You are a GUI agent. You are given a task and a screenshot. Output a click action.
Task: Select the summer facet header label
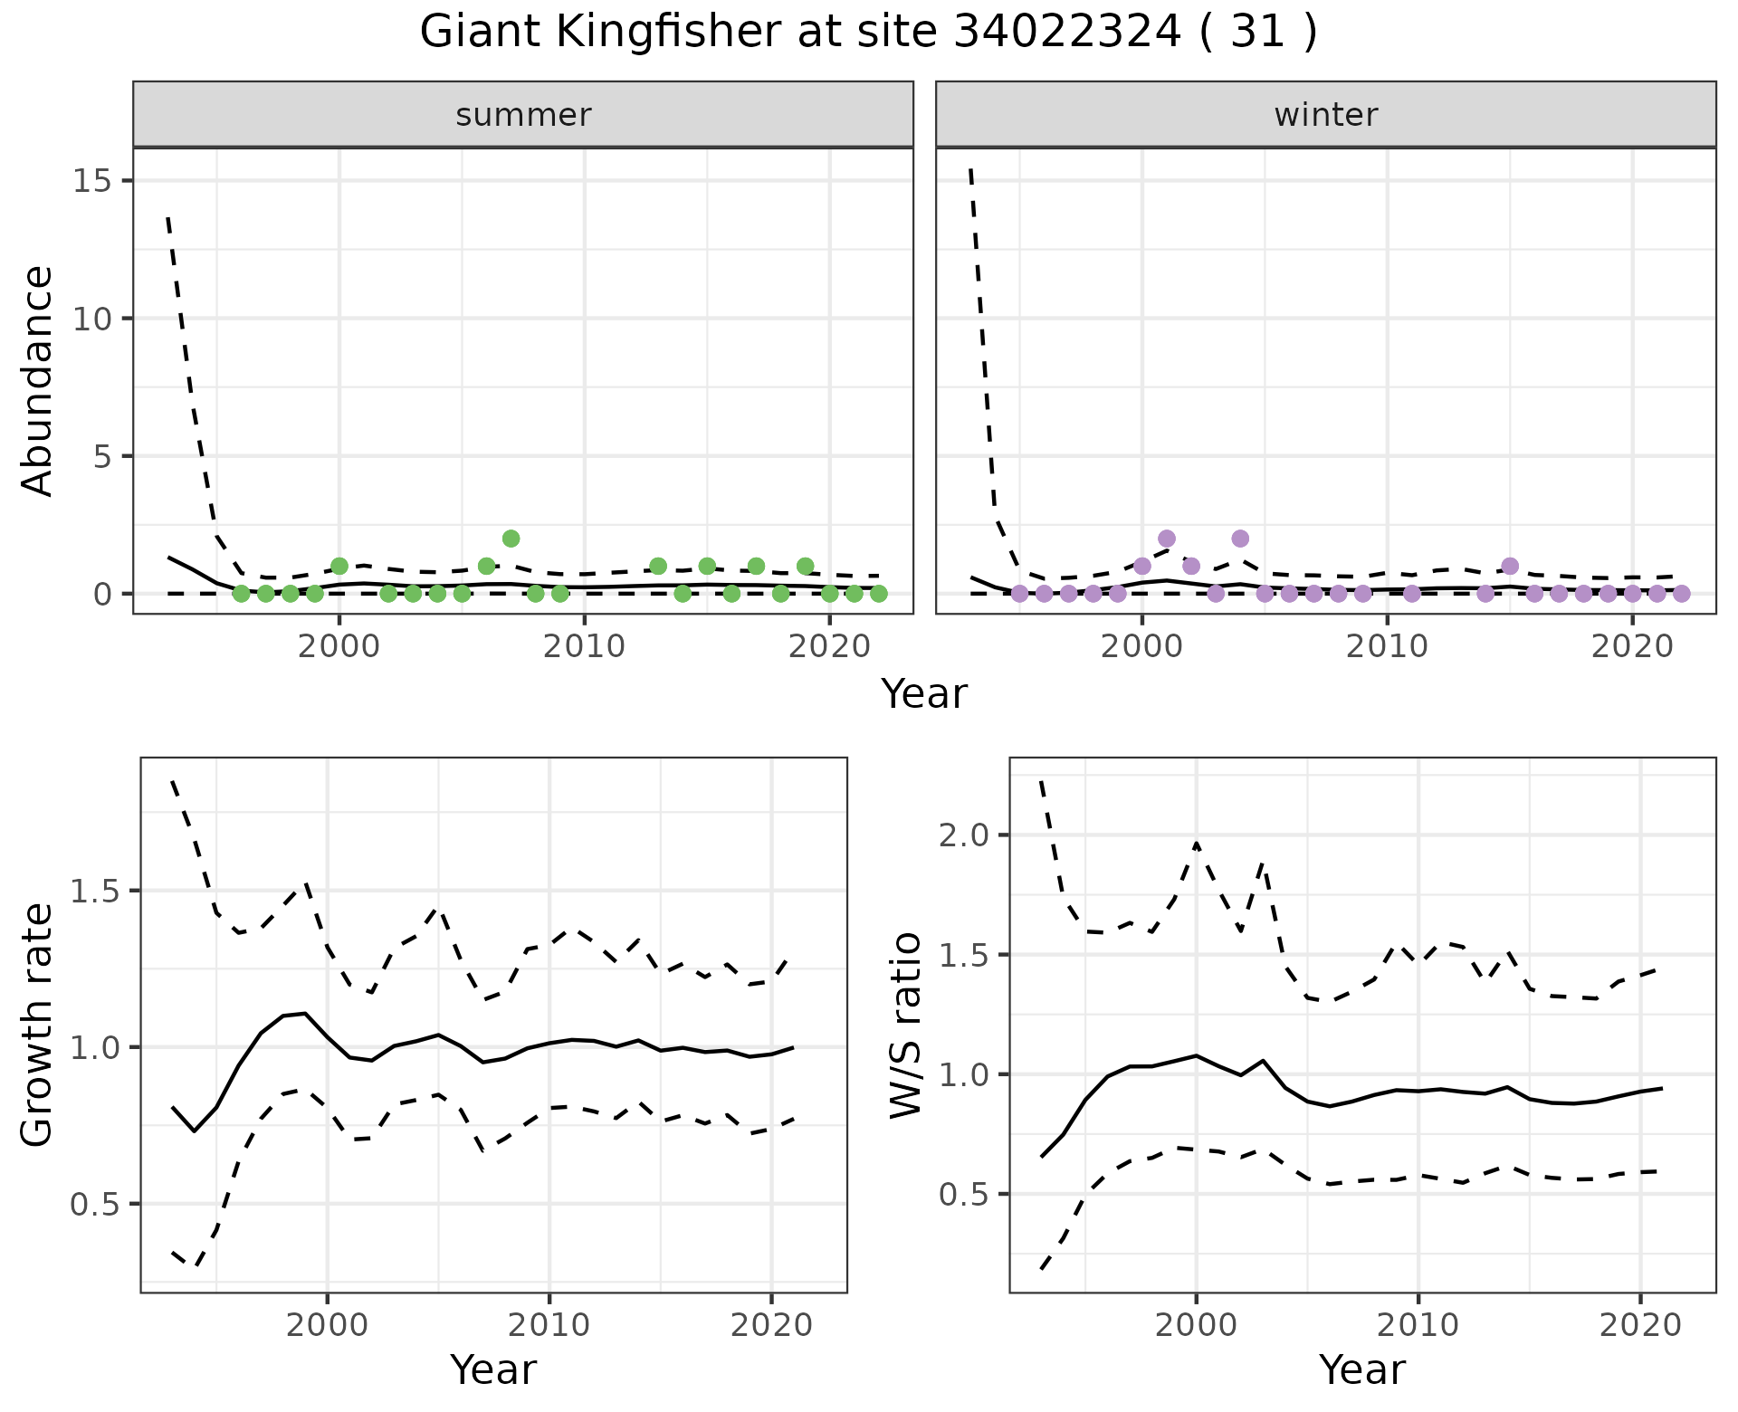523,115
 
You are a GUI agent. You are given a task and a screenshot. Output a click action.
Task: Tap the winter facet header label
1325,115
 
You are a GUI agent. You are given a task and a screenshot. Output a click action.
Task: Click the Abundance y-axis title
38,380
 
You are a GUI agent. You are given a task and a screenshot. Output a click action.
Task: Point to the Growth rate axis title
38,1026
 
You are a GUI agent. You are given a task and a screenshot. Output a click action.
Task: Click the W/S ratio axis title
905,1026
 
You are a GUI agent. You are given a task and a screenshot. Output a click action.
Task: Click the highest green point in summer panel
511,539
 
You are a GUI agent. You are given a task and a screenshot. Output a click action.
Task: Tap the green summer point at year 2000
339,566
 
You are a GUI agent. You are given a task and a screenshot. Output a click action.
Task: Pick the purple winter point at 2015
1509,566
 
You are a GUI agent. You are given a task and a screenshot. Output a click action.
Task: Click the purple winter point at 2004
1240,539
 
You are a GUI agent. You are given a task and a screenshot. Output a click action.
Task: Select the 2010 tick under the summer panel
584,647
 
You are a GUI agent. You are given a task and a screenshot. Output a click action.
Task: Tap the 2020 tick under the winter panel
1631,647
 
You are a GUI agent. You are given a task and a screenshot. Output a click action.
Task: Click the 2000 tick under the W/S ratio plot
1196,1326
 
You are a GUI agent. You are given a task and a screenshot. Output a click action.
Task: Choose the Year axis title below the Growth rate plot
493,1370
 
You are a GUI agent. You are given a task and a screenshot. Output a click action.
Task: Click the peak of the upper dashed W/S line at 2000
1196,843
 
